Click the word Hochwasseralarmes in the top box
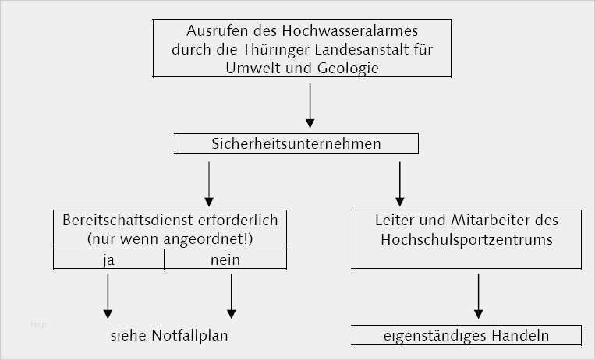coord(350,30)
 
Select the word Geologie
coord(348,69)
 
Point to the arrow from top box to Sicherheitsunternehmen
coord(310,106)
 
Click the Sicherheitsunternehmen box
coord(296,144)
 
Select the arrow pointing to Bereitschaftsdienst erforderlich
coord(209,184)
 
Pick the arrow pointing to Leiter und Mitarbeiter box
coord(399,184)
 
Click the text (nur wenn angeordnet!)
coord(170,240)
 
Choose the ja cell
coord(109,259)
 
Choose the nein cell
coord(225,259)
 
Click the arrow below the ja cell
coord(108,296)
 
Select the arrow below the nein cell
coord(232,296)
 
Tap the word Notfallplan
coord(189,336)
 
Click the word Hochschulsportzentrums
coord(467,240)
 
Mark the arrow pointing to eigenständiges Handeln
coord(479,296)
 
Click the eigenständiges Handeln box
coord(466,335)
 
